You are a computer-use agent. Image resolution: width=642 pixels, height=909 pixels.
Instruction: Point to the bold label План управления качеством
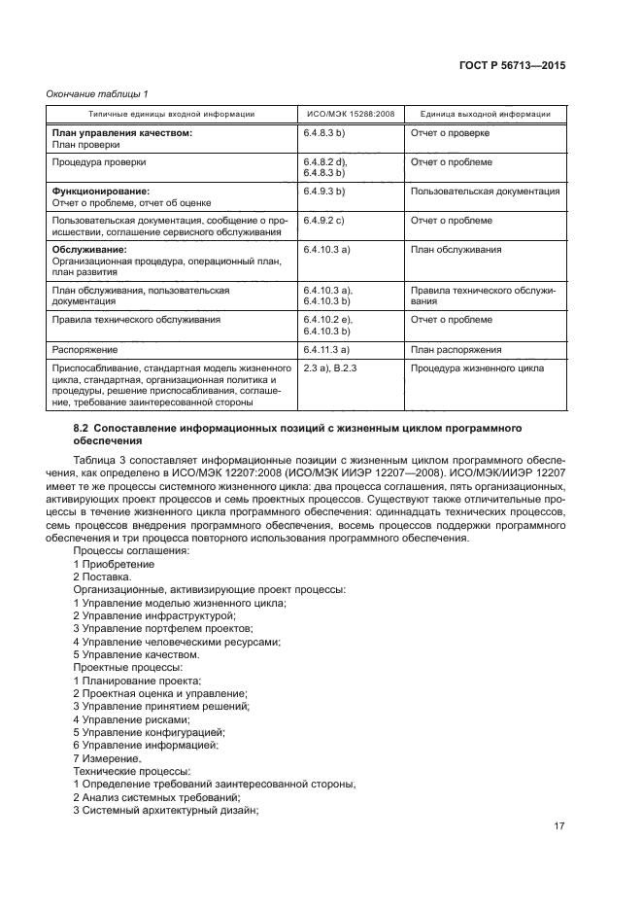(x=121, y=132)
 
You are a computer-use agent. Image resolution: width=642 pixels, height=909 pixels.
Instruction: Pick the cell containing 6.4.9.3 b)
(x=325, y=192)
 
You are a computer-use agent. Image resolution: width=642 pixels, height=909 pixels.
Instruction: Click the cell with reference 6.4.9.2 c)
(x=325, y=221)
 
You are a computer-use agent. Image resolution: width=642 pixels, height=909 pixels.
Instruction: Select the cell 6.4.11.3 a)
(x=327, y=349)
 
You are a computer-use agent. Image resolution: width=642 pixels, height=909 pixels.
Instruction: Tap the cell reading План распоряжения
(x=456, y=349)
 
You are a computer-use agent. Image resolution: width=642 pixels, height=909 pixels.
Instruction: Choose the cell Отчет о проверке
(x=450, y=132)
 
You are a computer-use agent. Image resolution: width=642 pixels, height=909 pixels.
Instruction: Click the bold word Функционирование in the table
(x=101, y=192)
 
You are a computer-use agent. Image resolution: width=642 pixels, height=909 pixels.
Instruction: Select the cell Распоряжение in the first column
(x=85, y=349)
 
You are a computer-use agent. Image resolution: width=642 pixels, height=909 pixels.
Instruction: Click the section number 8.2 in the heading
(x=83, y=428)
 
